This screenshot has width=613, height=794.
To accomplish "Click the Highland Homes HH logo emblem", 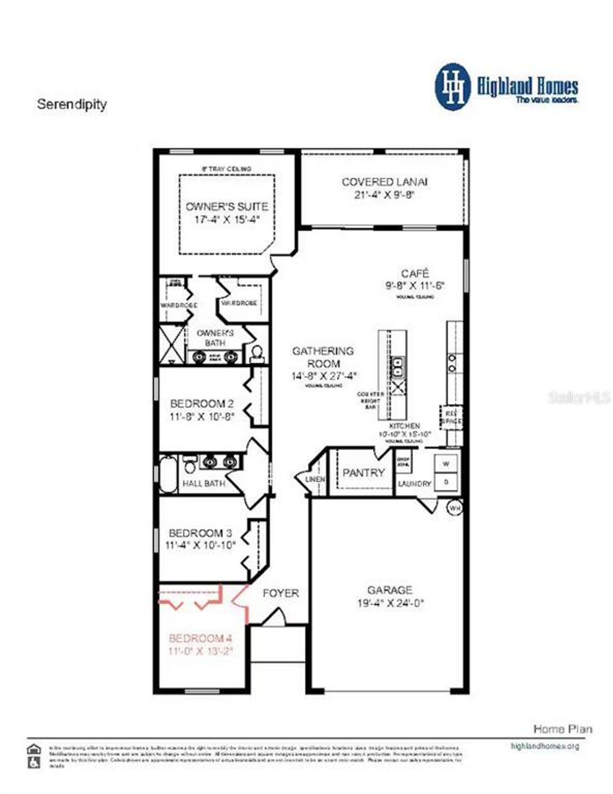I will coord(453,87).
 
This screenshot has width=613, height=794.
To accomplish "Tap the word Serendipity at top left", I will coord(72,104).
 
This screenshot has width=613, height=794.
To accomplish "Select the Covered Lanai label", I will coord(385,182).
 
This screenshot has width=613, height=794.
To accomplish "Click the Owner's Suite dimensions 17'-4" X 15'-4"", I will coord(227,220).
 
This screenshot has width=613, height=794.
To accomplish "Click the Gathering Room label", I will coord(323,357).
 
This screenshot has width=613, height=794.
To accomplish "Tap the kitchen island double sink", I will coord(397,367).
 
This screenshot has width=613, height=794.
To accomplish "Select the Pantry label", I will coord(363,473).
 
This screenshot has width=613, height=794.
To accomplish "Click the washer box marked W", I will coord(446,464).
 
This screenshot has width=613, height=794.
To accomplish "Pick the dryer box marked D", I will coord(446,482).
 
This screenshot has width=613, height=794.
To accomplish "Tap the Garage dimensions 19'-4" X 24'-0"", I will coord(390,603).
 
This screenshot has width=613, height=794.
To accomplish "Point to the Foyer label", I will coord(281,593).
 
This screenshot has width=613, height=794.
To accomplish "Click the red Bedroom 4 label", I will coord(200,638).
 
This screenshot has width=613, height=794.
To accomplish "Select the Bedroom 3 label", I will coord(200,533).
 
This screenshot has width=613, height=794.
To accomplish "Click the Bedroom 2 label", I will coord(202,404).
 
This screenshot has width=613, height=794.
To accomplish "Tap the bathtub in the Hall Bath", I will coord(168,475).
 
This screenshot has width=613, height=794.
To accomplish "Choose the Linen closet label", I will coord(315,479).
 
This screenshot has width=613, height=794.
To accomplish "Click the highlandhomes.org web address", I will coord(545,746).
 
